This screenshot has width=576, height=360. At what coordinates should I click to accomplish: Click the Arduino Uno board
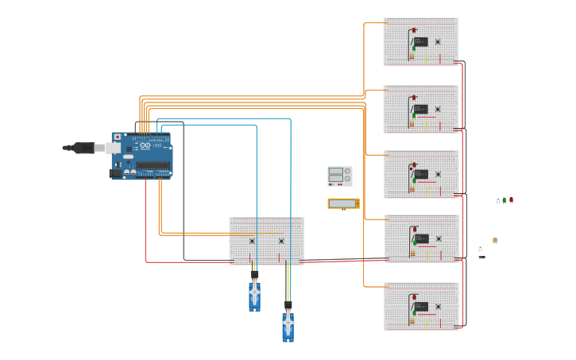(x=141, y=156)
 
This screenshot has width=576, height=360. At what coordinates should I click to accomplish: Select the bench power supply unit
(x=339, y=176)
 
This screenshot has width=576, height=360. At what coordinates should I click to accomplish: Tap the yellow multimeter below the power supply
(x=343, y=203)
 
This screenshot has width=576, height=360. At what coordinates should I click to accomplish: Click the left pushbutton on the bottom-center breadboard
(x=252, y=241)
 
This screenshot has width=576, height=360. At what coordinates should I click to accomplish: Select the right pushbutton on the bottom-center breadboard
(x=281, y=241)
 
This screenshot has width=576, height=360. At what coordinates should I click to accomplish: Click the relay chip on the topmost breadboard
(x=421, y=41)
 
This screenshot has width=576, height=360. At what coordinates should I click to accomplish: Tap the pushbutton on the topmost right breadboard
(x=438, y=42)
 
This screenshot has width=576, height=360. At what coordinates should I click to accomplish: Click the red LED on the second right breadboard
(x=414, y=98)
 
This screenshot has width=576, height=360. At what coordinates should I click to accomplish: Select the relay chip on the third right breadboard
(x=421, y=173)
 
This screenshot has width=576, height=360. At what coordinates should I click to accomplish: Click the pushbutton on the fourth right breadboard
(x=439, y=238)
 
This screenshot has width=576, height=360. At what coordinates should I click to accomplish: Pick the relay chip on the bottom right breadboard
(x=421, y=306)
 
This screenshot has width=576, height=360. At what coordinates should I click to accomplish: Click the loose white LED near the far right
(x=498, y=199)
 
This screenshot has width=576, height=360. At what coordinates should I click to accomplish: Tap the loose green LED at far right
(x=504, y=200)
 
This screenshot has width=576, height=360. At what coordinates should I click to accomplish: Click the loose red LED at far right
(x=511, y=199)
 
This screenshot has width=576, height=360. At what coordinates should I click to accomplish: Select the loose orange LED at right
(x=495, y=240)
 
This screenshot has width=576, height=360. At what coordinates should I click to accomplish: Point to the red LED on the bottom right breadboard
(x=414, y=297)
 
